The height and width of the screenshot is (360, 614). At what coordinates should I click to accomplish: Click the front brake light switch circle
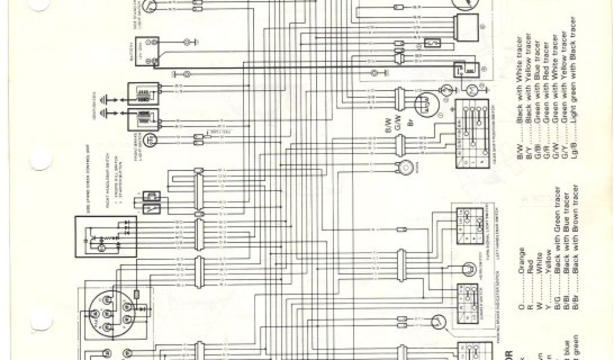click(x=152, y=139)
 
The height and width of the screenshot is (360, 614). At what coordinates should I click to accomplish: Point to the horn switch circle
click(x=468, y=268)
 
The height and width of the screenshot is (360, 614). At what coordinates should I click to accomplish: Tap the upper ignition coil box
click(x=144, y=94)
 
